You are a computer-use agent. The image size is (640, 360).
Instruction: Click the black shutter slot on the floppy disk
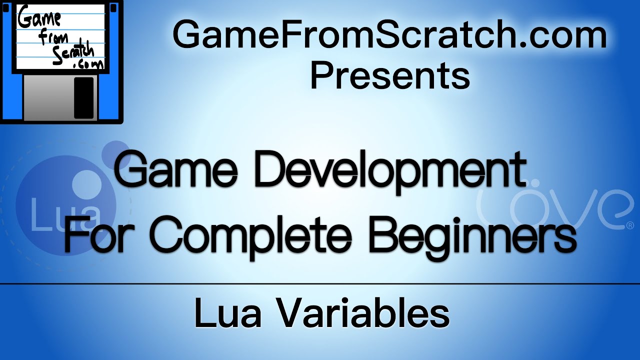click(x=83, y=97)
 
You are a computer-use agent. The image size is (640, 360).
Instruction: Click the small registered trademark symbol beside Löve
click(x=629, y=225)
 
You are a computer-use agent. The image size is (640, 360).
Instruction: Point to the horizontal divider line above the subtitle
click(x=320, y=283)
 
